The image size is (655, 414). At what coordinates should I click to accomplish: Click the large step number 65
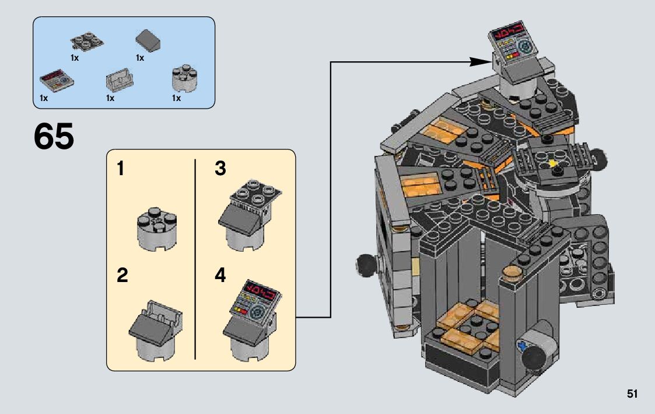[54, 136]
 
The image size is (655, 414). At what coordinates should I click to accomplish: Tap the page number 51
[632, 394]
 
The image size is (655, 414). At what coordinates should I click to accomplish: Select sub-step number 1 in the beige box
[120, 169]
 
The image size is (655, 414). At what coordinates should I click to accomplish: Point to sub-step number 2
[122, 275]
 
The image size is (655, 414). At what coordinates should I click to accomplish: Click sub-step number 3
[220, 169]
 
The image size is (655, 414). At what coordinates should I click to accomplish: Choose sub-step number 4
[220, 275]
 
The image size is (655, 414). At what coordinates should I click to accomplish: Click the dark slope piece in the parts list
[148, 41]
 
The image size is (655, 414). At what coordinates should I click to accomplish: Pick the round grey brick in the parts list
[184, 78]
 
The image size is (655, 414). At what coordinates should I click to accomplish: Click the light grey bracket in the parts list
[120, 79]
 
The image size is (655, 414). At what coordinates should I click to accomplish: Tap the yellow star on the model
[554, 163]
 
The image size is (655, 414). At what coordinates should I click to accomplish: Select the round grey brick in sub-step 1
[157, 229]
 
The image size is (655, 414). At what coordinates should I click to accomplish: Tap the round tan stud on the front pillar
[512, 273]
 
